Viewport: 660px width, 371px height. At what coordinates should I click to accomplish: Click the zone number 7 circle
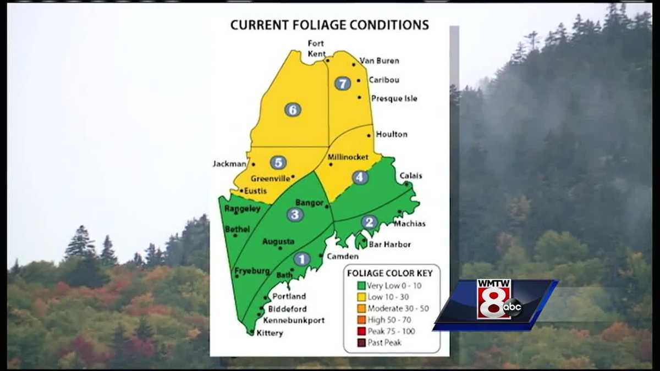[x=342, y=84]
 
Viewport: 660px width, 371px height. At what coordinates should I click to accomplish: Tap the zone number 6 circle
[x=293, y=109]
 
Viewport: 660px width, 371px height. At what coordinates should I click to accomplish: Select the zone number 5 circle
[x=278, y=163]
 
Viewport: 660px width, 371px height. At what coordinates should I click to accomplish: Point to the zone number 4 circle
[x=360, y=178]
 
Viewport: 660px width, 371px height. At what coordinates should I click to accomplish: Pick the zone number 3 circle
[x=295, y=214]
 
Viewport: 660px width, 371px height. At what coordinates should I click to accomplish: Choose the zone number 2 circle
[x=369, y=222]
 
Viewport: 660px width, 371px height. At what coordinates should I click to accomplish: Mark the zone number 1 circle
[x=301, y=259]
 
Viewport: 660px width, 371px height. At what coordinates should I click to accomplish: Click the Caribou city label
[x=384, y=80]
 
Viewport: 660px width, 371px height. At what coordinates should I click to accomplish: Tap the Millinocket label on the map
[x=348, y=157]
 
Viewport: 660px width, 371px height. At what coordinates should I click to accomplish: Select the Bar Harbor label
[x=389, y=244]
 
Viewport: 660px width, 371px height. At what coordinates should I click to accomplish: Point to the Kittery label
[x=269, y=333]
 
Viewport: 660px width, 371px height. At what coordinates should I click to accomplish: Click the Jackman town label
[x=229, y=164]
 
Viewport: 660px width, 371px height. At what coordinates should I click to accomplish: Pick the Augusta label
[x=278, y=241]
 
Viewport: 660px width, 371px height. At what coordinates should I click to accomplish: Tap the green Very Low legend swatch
[x=361, y=285]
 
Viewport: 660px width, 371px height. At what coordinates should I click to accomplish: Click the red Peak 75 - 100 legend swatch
[x=361, y=331]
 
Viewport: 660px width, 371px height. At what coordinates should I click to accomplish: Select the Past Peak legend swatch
[x=361, y=342]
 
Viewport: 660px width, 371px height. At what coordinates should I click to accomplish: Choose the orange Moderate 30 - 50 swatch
[x=361, y=308]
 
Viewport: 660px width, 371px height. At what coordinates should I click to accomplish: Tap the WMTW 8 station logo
[x=494, y=300]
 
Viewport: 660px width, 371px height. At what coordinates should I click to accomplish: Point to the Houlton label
[x=392, y=134]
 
